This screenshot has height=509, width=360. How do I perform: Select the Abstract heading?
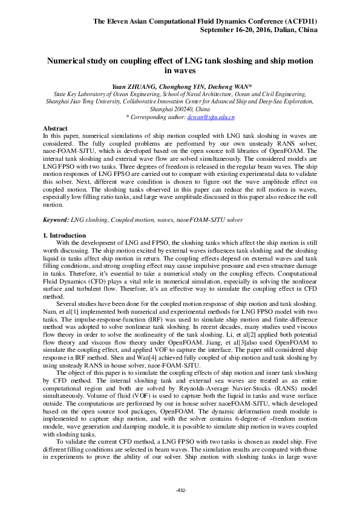55,129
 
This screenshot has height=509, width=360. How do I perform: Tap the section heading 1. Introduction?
65,235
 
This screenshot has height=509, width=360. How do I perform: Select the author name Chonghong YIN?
181,86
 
